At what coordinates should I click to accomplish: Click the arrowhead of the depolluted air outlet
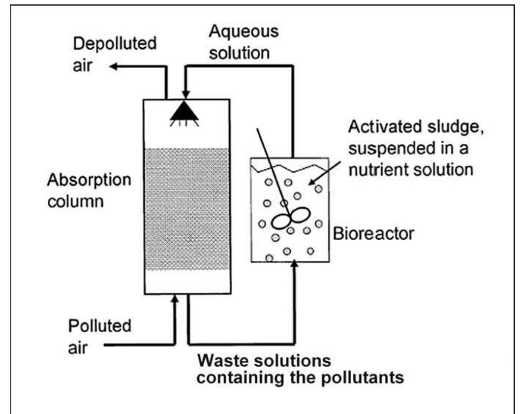coord(113,66)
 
